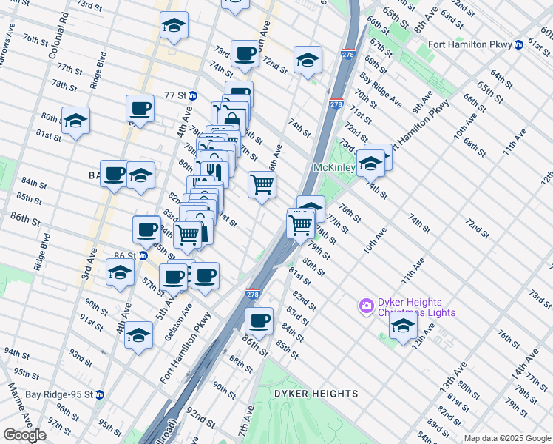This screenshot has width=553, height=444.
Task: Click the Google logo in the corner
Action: (x=24, y=435)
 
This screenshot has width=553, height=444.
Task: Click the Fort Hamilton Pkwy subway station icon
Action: (x=519, y=45)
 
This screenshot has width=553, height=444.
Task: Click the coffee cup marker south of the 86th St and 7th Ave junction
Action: (x=259, y=321)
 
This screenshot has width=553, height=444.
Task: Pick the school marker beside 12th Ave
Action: (x=403, y=326)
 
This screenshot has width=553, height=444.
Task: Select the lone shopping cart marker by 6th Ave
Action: (x=262, y=184)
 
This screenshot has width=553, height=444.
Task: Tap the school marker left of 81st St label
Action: (x=75, y=121)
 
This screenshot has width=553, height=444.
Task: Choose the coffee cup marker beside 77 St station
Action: (x=139, y=109)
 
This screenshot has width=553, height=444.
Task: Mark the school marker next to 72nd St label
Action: (x=308, y=60)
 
